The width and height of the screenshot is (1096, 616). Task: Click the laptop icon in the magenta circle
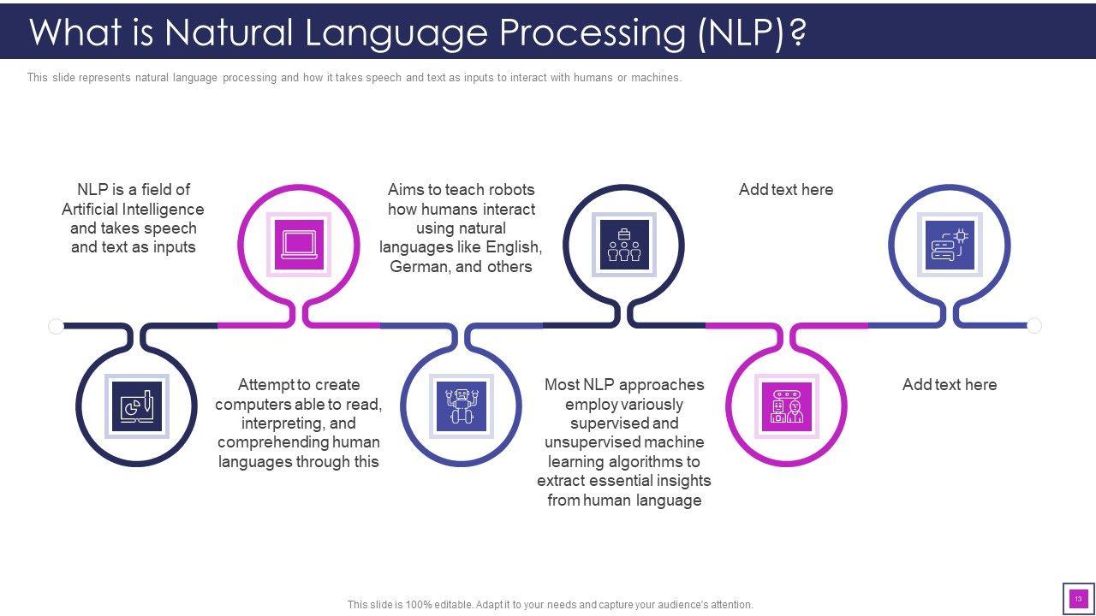coord(299,245)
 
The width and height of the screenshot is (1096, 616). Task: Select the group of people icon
coord(624,245)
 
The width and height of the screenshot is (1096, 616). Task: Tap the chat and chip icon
coord(950,245)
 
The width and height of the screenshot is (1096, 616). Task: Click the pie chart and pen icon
coord(137,406)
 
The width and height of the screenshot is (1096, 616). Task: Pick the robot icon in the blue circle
coord(462,406)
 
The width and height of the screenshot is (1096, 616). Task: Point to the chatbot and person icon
coord(786,406)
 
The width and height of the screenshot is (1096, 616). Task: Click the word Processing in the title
coord(592,33)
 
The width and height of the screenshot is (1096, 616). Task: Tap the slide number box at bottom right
coord(1078,599)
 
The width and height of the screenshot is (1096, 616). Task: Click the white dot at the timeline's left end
coord(57,326)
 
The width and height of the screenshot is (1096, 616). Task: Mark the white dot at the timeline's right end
coord(1034,326)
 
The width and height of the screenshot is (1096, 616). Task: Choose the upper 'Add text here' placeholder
coord(786,190)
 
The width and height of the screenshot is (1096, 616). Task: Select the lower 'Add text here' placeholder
coord(950,385)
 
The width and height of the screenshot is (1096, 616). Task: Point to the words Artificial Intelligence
coord(133,210)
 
